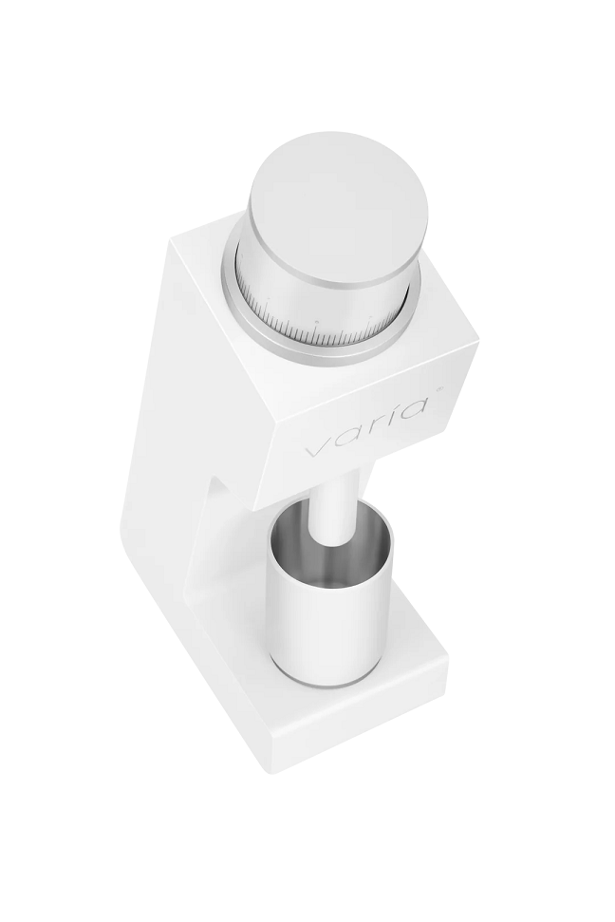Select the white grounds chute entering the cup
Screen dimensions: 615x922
point(334,506)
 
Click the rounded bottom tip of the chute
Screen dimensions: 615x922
point(333,541)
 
